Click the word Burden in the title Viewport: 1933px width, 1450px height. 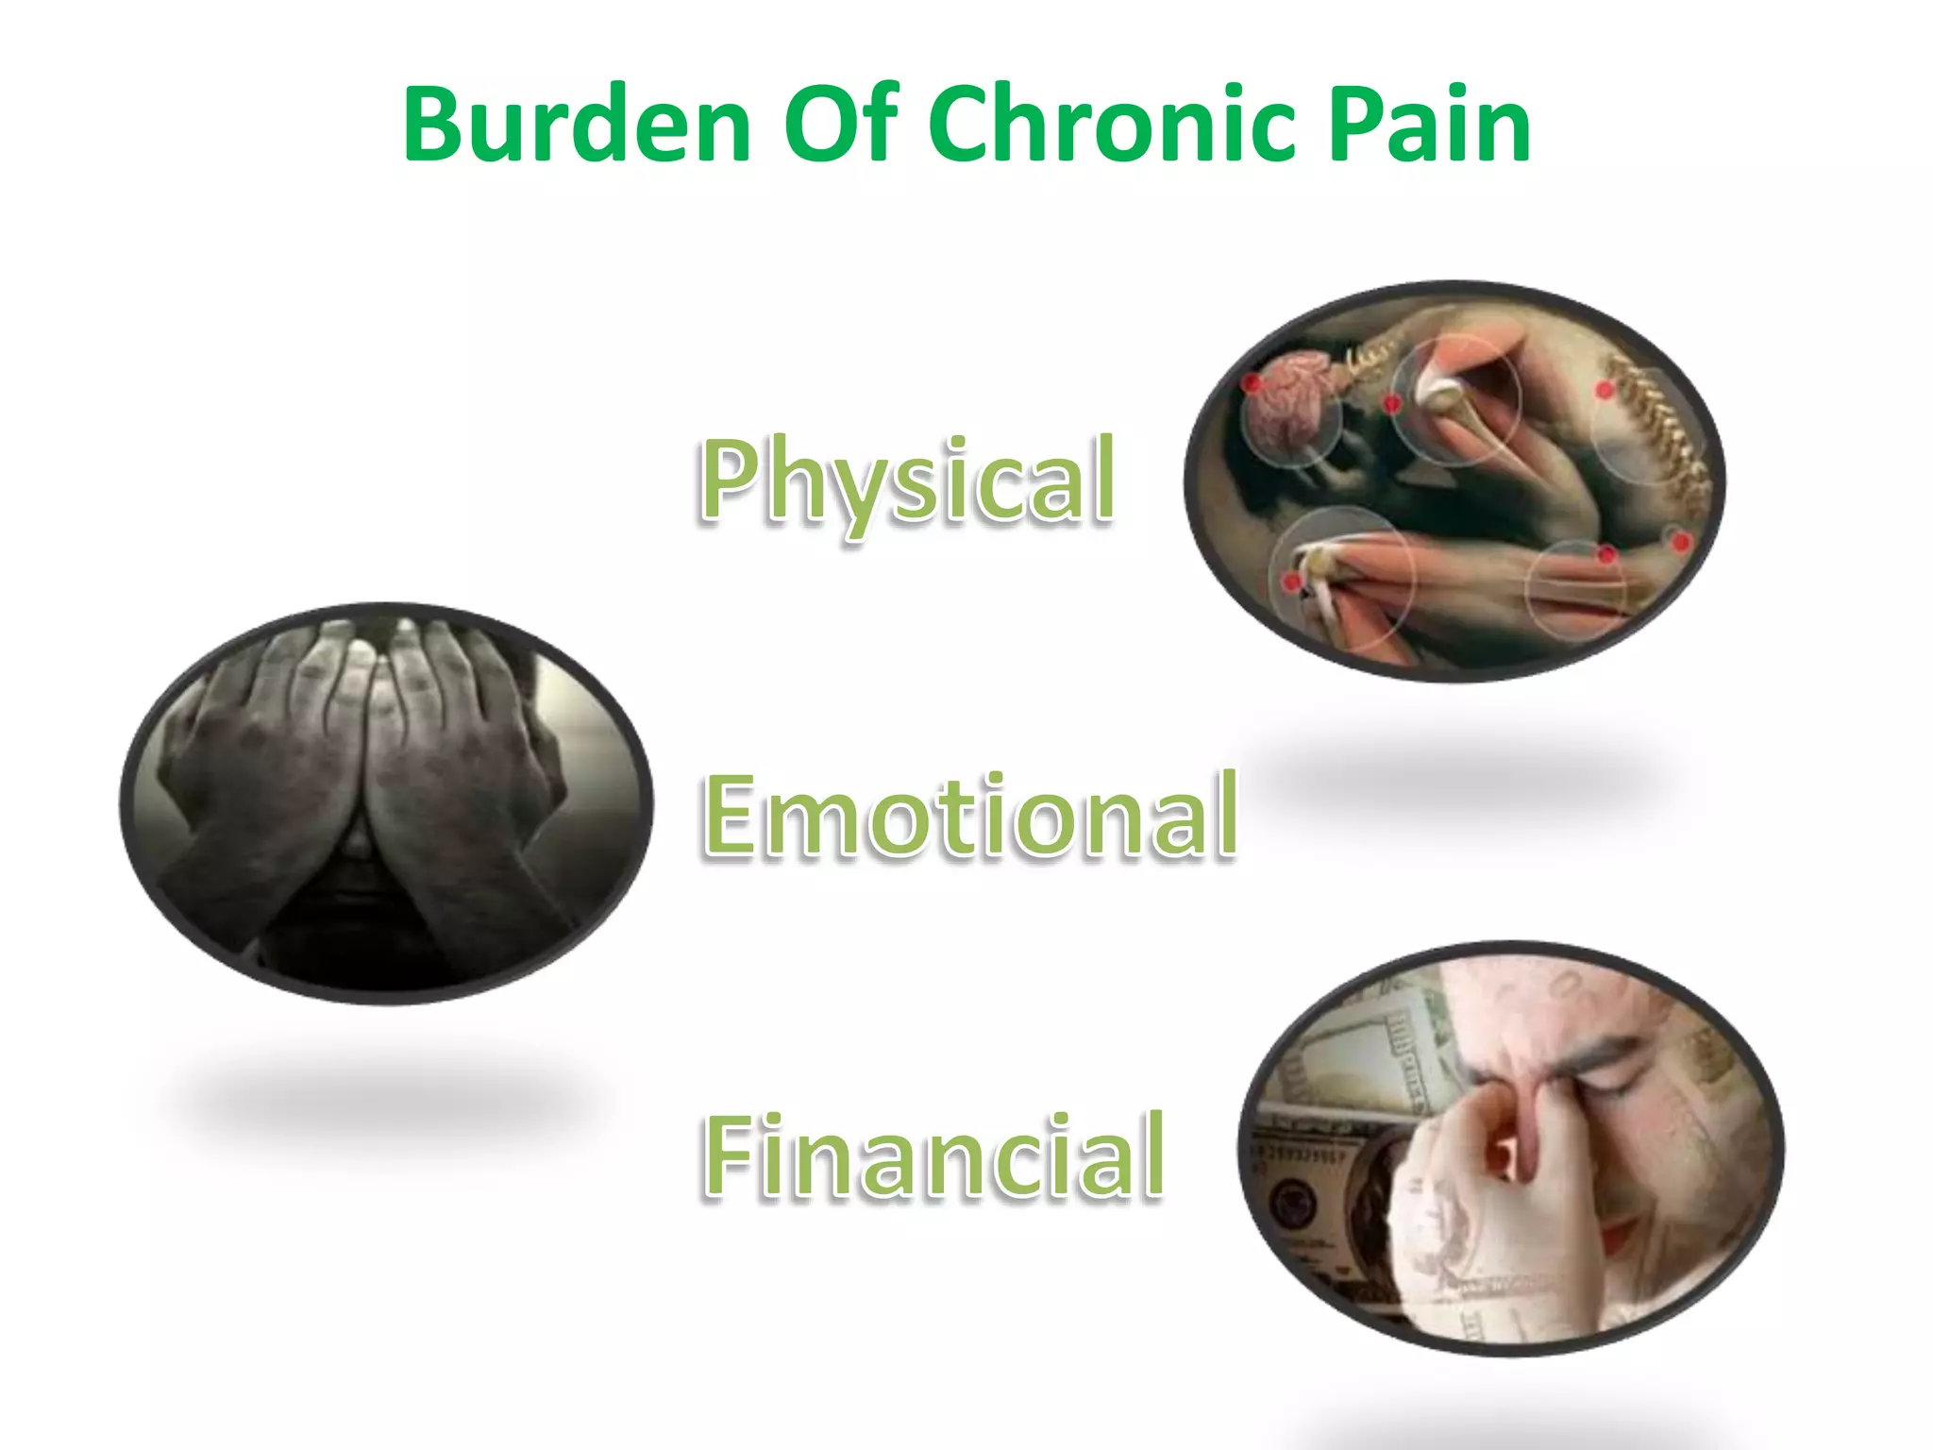click(576, 126)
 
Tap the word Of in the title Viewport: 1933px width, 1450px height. click(841, 126)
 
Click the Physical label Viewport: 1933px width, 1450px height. click(907, 481)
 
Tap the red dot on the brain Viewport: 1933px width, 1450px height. click(1252, 383)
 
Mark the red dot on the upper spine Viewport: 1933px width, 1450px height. click(1605, 390)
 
